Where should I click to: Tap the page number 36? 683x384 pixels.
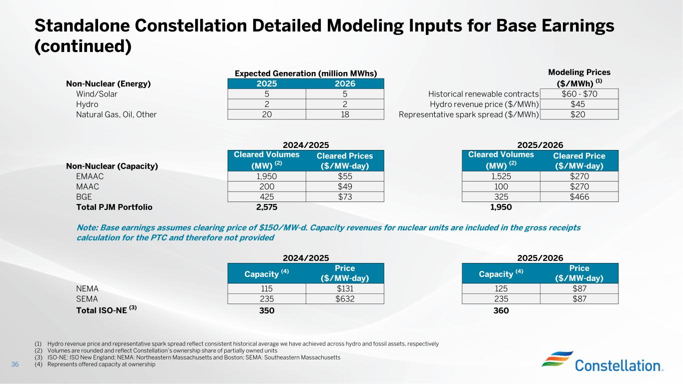tap(15, 364)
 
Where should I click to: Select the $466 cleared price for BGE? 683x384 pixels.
tap(579, 196)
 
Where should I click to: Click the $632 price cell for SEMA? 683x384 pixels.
tap(345, 299)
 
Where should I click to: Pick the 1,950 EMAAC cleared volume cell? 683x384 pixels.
tap(266, 176)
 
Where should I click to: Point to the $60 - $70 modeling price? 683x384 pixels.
tap(579, 93)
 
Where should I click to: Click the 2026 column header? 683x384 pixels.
tap(345, 83)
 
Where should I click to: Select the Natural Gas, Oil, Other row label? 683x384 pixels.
tap(116, 114)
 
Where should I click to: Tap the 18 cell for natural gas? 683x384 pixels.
tap(345, 114)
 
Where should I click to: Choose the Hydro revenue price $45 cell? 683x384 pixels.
tap(579, 104)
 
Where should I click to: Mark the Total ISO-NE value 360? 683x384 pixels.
tap(501, 311)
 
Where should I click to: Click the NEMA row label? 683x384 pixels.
tap(87, 288)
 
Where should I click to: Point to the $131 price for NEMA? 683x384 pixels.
tap(345, 288)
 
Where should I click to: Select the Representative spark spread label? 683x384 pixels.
tap(468, 114)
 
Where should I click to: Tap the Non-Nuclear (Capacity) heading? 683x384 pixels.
tap(112, 166)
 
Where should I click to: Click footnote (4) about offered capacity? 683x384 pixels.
tap(101, 364)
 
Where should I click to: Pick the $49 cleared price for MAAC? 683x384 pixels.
tap(345, 186)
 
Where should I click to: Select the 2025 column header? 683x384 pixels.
tap(266, 83)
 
